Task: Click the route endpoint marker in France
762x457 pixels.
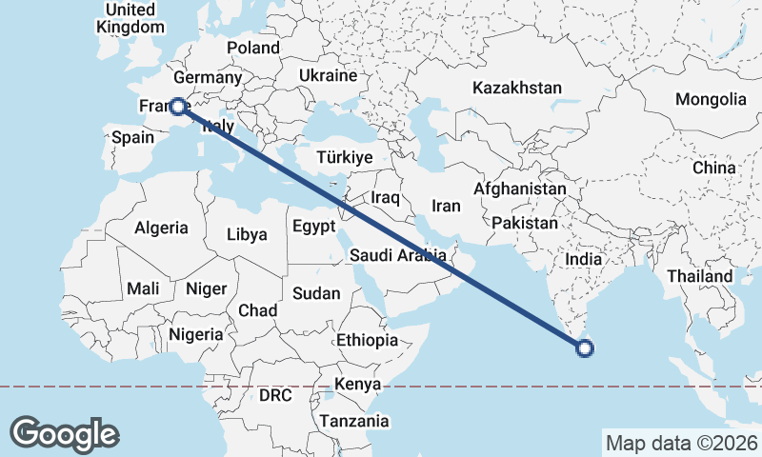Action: coord(177,107)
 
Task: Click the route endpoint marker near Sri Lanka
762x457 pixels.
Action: coord(585,348)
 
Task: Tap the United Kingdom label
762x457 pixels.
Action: coord(130,18)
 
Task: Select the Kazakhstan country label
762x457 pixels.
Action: coord(517,88)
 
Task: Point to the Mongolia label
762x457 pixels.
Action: coord(711,99)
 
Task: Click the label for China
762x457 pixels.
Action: coord(714,168)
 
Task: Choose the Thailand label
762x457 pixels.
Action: coord(700,276)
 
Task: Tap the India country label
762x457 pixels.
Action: coord(582,258)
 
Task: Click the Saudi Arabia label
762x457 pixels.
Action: coord(397,255)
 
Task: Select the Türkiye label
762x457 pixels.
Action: coord(345,158)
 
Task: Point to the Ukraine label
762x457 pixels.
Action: coord(328,75)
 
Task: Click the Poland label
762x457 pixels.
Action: coord(253,48)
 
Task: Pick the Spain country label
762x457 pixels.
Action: coord(132,137)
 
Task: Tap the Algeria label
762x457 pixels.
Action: coord(161,228)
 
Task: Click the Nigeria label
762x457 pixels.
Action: coord(195,334)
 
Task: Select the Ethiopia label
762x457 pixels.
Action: coord(367,340)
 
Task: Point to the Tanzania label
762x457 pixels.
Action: coord(354,421)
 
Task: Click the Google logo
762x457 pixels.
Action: coord(64,433)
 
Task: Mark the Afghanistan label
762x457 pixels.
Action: coord(519,189)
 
